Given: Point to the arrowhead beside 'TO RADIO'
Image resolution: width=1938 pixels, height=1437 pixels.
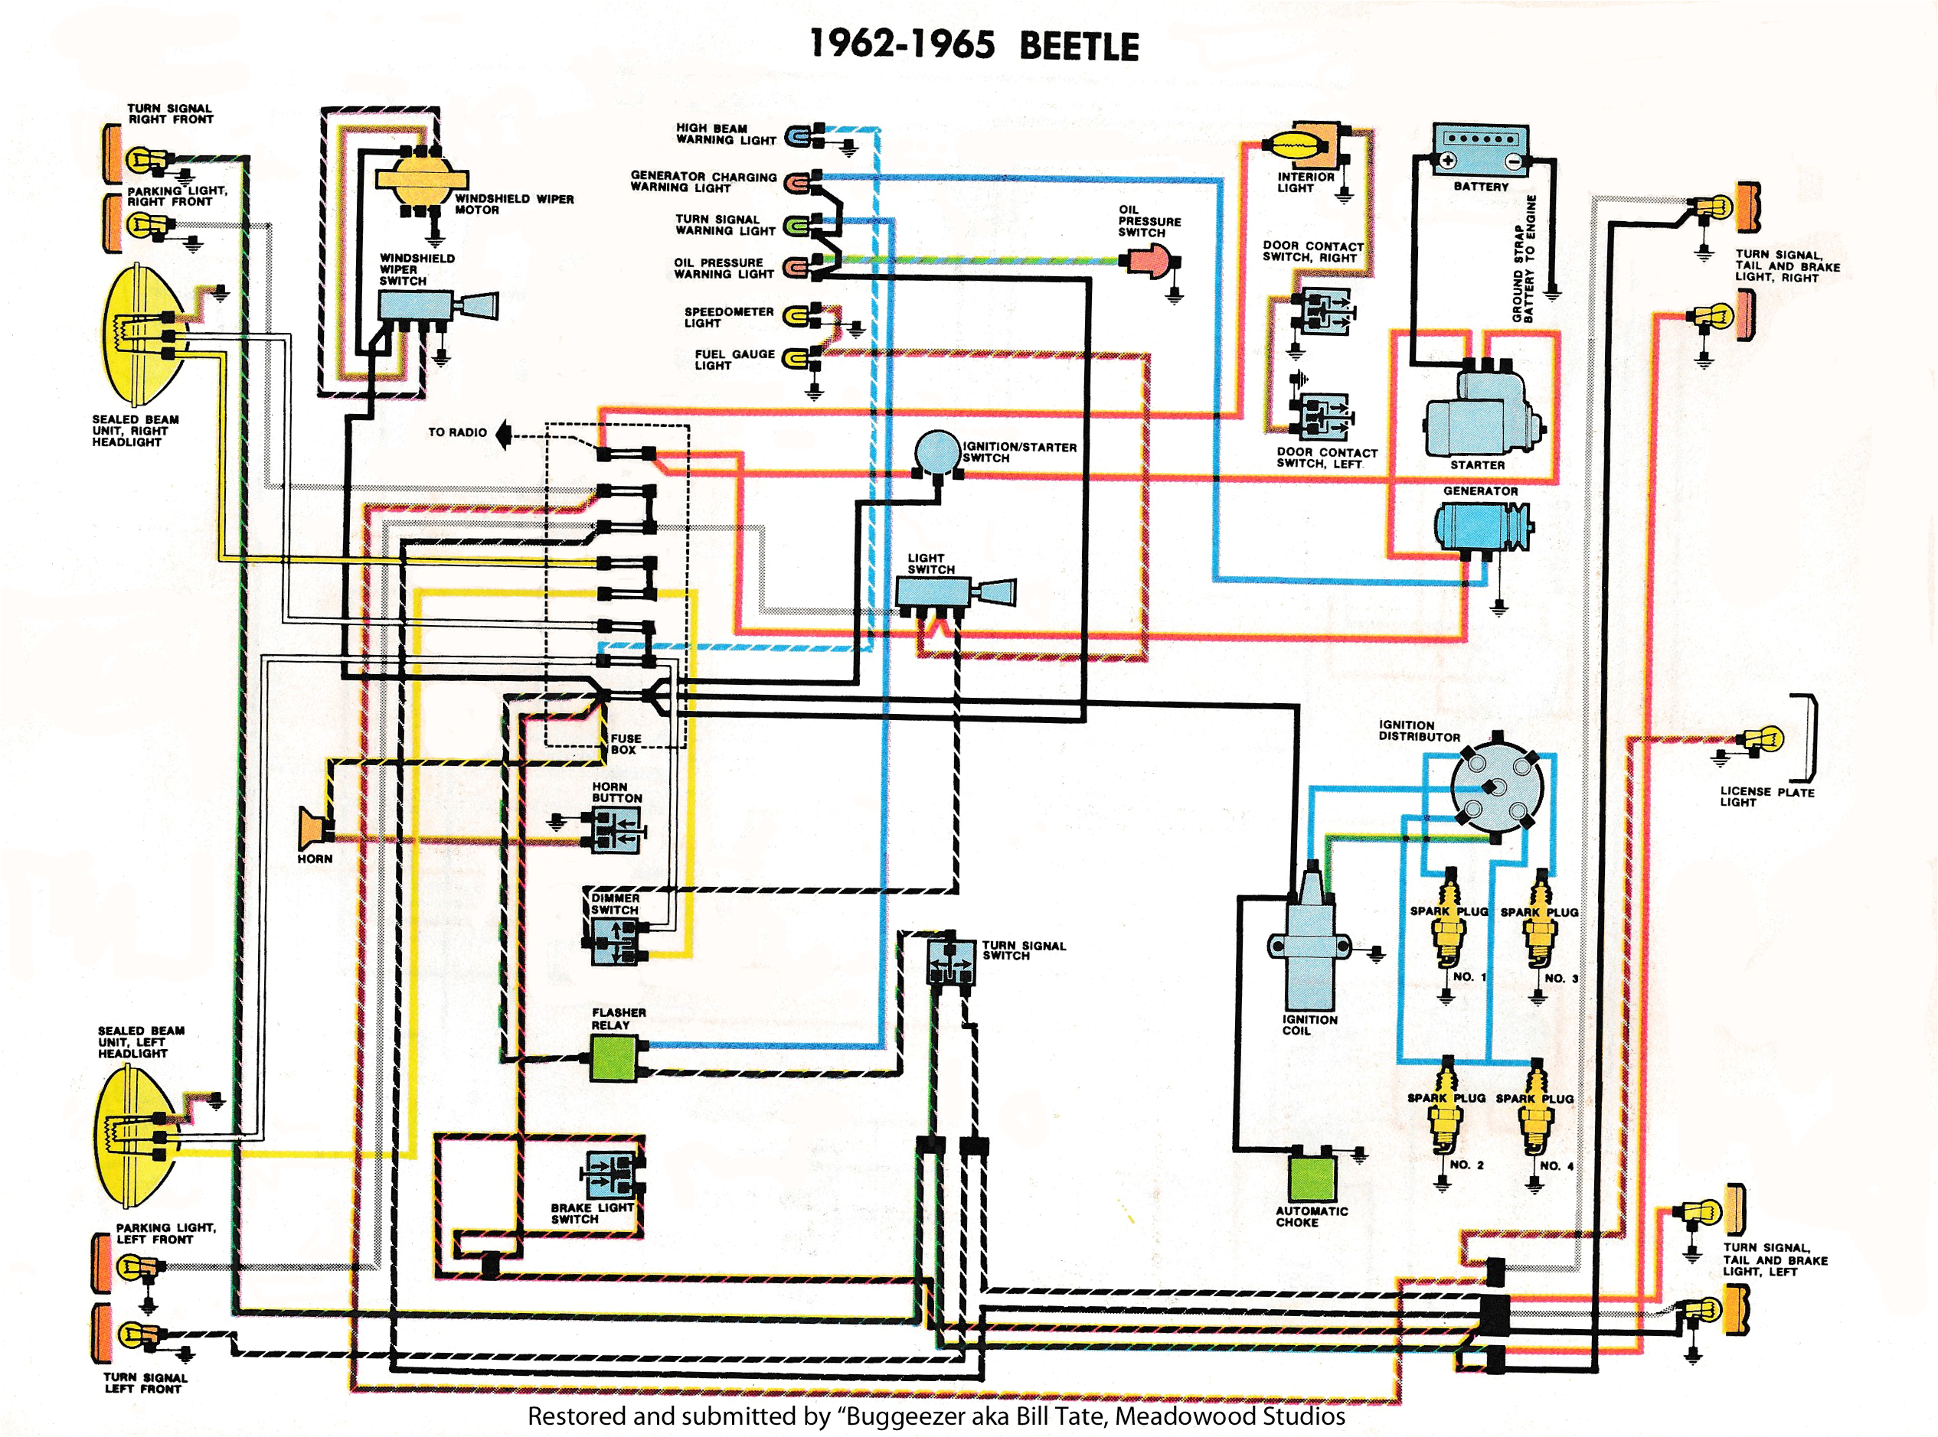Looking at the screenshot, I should click(x=503, y=433).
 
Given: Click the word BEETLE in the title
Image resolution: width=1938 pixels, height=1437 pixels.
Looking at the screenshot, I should click(x=1078, y=47).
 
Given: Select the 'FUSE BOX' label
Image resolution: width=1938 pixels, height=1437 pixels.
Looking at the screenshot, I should click(x=625, y=744).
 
